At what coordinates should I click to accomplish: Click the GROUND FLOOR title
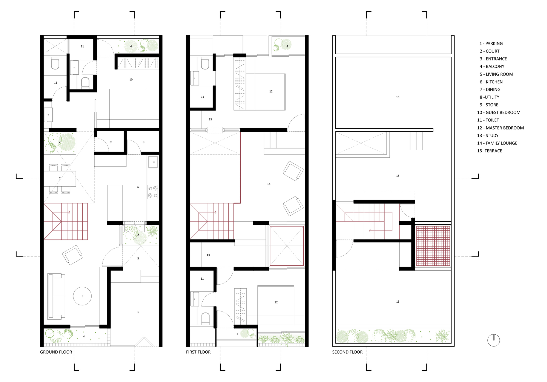tap(56, 352)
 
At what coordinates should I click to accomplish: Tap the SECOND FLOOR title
tap(347, 352)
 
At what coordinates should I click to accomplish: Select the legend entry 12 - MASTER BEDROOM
tap(501, 128)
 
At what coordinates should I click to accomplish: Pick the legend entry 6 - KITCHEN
tap(491, 82)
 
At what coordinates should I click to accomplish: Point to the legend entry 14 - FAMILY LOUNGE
tap(497, 143)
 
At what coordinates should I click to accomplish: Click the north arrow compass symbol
tap(494, 340)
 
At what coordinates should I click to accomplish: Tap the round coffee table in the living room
tap(82, 296)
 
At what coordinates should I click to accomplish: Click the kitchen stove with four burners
tap(153, 192)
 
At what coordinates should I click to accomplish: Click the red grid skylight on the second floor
tap(433, 246)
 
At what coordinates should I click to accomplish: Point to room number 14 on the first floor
tap(269, 184)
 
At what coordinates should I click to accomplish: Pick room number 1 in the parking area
tap(138, 312)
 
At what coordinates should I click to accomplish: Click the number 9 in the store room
tap(111, 142)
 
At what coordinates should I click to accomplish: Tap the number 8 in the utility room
tap(144, 142)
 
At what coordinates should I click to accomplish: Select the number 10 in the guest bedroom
tap(131, 80)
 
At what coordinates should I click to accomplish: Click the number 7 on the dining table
tap(60, 178)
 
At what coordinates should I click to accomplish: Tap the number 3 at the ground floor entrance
tap(138, 258)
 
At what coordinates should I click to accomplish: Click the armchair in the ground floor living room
tap(72, 255)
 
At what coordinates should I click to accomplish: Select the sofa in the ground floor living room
tap(56, 297)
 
